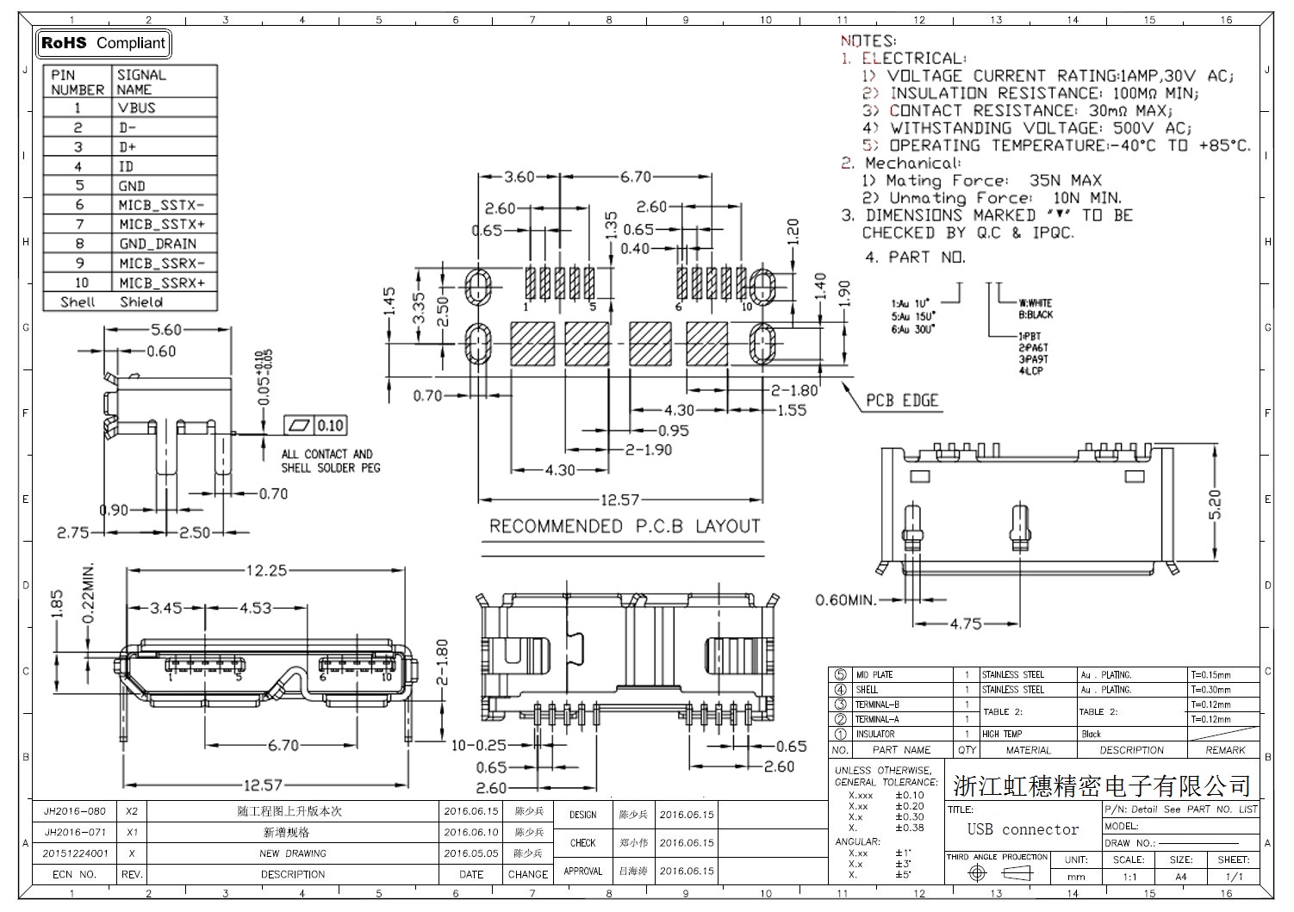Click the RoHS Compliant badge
tap(103, 43)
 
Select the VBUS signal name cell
tap(138, 108)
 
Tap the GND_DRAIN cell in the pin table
tap(158, 244)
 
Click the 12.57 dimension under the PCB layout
tap(619, 499)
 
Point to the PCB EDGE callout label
tap(901, 400)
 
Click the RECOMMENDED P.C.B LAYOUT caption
tap(625, 526)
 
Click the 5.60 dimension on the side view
tap(166, 329)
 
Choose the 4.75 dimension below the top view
tap(965, 624)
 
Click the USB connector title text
tap(1023, 829)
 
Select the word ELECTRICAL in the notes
tap(913, 59)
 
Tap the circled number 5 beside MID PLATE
tap(840, 675)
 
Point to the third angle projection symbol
tap(998, 873)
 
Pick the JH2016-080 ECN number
tap(75, 811)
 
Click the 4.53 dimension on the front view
tap(255, 608)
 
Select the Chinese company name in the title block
tap(1101, 785)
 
